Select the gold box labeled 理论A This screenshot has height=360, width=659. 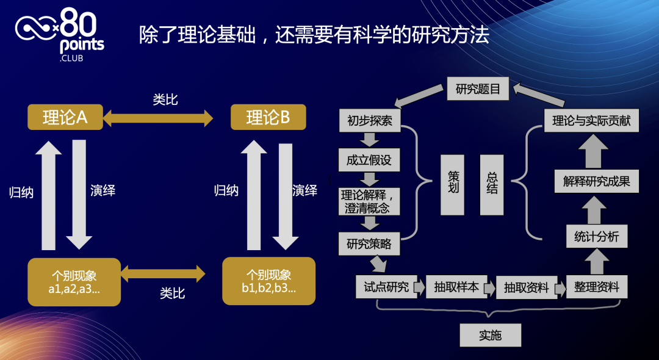point(65,117)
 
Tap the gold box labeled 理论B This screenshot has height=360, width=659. point(268,117)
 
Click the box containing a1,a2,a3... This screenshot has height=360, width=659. point(74,282)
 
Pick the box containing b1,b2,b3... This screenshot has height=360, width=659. point(268,281)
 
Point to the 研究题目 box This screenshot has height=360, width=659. point(478,89)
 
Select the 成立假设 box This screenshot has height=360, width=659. point(369,160)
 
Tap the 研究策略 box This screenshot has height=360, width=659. point(369,244)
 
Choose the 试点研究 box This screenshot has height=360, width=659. point(386,287)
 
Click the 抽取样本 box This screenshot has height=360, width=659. point(456,287)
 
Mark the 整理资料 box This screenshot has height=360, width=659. point(596,287)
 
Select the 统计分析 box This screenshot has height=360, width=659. point(596,237)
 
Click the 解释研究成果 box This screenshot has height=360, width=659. point(596,181)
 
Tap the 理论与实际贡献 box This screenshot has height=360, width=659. point(591,120)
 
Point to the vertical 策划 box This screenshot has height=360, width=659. point(453,185)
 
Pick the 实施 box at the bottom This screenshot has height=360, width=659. point(491,336)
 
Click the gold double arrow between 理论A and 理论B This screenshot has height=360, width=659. point(158,118)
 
